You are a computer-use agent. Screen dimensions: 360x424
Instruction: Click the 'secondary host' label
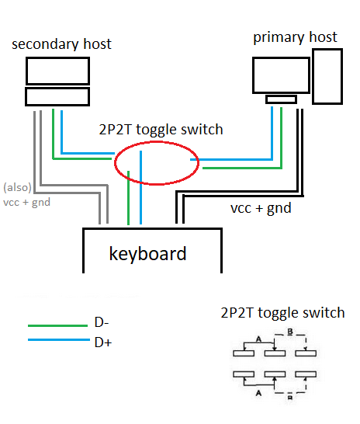pos(61,44)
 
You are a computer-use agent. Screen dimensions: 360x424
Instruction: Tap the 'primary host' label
pos(295,37)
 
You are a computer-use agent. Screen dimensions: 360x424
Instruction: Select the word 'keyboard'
pos(147,254)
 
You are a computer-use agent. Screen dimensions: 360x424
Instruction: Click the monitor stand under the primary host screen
pos(281,99)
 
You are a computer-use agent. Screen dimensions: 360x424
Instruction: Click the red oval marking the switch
pos(115,163)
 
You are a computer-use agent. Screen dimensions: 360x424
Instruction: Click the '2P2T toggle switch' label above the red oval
pos(161,129)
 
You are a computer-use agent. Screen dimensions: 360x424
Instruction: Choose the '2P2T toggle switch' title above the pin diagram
pos(282,313)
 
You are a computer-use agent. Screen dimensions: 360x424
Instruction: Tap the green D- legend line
pos(57,325)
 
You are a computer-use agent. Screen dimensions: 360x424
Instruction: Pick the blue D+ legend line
pos(59,339)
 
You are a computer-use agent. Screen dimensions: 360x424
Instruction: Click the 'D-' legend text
pos(102,322)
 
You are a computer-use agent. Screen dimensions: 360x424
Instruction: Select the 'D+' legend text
pos(103,342)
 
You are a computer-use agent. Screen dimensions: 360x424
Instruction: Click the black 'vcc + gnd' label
pos(261,208)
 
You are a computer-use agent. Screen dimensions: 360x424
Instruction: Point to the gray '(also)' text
pos(17,187)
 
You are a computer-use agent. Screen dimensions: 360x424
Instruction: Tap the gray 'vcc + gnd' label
pos(26,202)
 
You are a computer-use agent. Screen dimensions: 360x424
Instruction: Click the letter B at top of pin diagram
pos(290,332)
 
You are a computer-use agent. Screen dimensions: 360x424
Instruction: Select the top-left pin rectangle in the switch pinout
pos(244,353)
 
